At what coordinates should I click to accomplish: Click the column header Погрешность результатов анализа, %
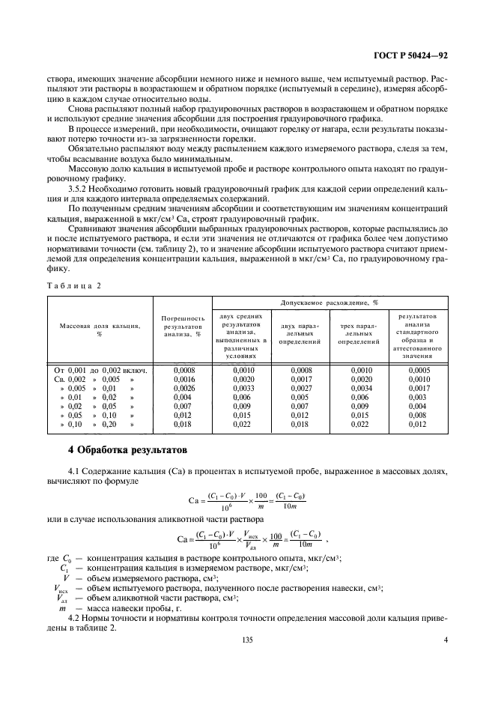pyautogui.click(x=183, y=327)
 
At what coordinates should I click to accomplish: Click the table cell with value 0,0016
pyautogui.click(x=183, y=380)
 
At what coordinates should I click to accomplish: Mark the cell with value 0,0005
pyautogui.click(x=417, y=370)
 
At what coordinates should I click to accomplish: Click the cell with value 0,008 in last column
pyautogui.click(x=417, y=415)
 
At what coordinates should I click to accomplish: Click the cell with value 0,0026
pyautogui.click(x=183, y=389)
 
